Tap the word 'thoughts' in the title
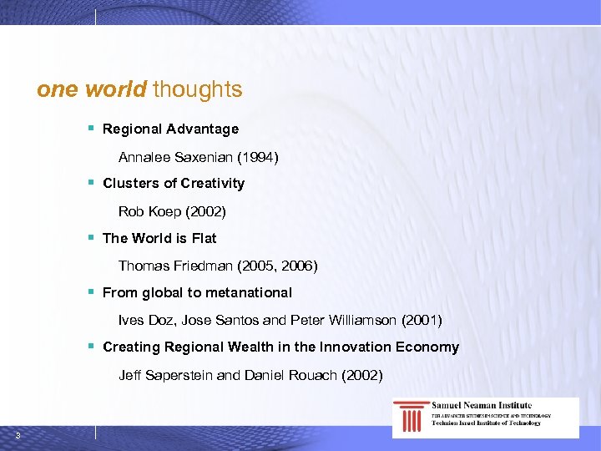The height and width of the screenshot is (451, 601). click(x=198, y=89)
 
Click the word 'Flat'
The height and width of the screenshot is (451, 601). click(x=204, y=238)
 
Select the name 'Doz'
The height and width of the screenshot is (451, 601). click(x=158, y=320)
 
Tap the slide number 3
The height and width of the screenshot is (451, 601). click(x=18, y=435)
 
